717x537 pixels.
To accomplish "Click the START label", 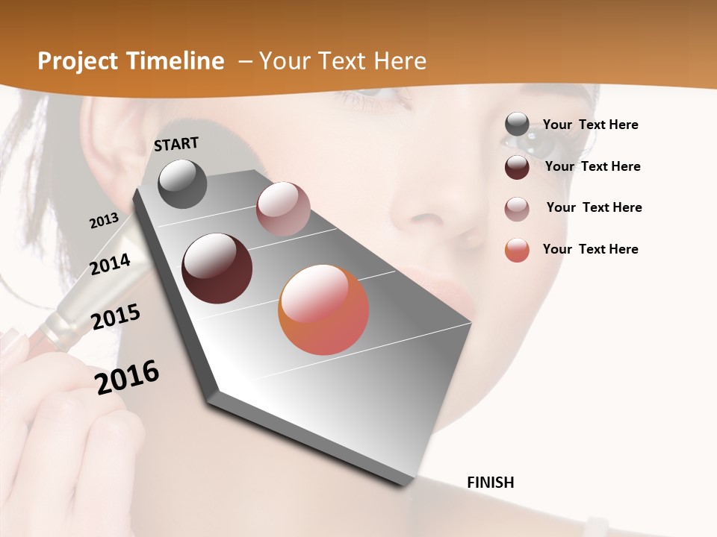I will click(x=176, y=144).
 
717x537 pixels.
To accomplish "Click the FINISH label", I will click(x=491, y=483).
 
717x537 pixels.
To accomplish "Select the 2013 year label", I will click(x=104, y=221).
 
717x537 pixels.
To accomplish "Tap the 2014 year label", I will click(x=111, y=264).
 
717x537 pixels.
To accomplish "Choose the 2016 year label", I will click(x=127, y=377).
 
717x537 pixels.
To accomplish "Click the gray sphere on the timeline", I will click(x=182, y=183).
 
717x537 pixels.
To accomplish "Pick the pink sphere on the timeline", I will click(x=283, y=209).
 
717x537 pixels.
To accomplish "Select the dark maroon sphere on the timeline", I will click(x=217, y=268).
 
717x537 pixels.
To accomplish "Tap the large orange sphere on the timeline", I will click(x=323, y=310).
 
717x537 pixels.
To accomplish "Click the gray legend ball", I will click(x=517, y=125).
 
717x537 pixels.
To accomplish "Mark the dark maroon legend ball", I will click(x=517, y=167).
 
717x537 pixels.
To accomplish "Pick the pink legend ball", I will click(x=517, y=209).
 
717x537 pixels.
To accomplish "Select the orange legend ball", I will click(x=517, y=250).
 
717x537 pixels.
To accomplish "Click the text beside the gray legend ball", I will click(x=590, y=125).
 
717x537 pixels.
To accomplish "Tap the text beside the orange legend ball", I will click(x=590, y=249).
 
